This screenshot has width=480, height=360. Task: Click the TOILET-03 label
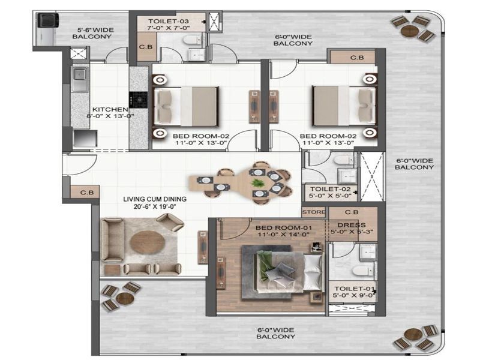(x=169, y=22)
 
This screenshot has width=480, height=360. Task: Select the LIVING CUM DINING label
(x=155, y=199)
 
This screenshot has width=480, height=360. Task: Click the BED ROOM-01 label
(x=284, y=228)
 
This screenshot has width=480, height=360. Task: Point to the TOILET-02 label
(x=331, y=189)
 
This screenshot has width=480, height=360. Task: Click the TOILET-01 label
(x=355, y=289)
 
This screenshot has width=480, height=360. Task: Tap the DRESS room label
(x=352, y=225)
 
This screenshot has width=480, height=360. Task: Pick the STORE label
(x=314, y=212)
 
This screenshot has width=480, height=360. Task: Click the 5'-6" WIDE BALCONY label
(x=92, y=33)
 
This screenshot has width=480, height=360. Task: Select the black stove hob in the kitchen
(x=138, y=100)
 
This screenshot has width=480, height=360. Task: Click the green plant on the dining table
(x=257, y=183)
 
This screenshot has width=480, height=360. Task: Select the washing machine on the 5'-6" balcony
(x=47, y=20)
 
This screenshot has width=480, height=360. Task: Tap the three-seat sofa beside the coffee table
(x=112, y=239)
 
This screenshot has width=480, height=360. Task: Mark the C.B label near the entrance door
(x=86, y=193)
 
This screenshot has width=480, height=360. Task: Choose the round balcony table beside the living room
(x=125, y=298)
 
